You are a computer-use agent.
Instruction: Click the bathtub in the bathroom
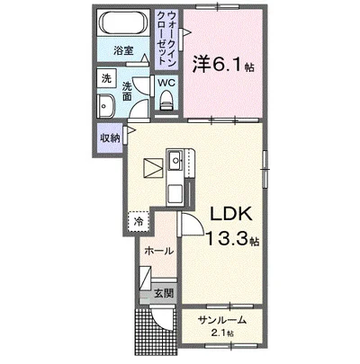tap(123, 22)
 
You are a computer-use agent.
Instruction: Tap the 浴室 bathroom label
tap(123, 50)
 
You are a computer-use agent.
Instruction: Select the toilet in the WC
tap(166, 101)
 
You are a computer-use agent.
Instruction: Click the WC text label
tap(166, 83)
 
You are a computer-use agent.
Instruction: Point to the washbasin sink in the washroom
tap(105, 106)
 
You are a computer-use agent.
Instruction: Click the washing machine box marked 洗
tap(106, 78)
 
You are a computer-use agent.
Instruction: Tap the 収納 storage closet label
tap(110, 138)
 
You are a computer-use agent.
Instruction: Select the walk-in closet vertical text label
tap(166, 38)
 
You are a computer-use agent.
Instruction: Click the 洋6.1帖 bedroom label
tap(223, 65)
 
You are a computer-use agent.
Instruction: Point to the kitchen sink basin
tap(175, 160)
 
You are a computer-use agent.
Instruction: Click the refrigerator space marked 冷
tap(139, 221)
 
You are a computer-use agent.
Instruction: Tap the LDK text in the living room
tap(230, 214)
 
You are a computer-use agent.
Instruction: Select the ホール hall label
tap(159, 251)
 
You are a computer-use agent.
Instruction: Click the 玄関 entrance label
tap(164, 293)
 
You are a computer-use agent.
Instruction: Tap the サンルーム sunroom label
tap(222, 320)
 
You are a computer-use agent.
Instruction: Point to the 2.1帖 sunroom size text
tap(222, 333)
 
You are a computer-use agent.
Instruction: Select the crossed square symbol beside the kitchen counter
tap(153, 168)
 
